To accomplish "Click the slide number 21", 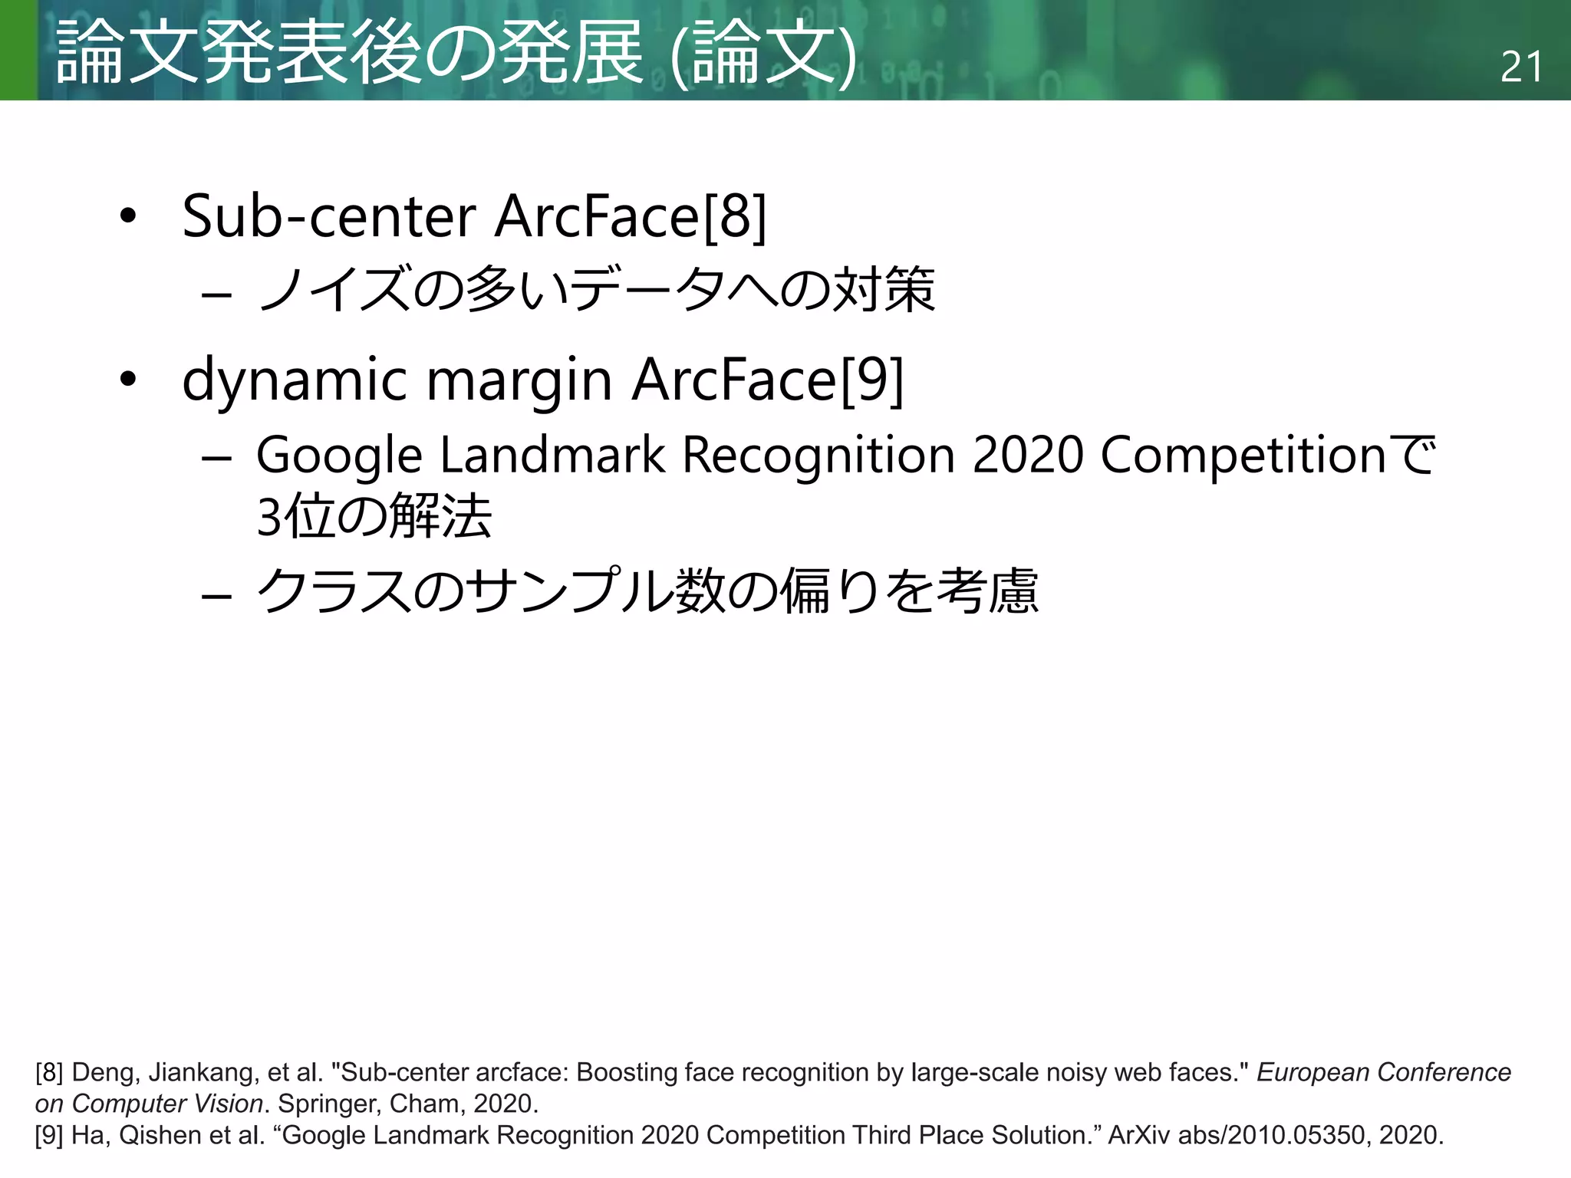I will (x=1521, y=67).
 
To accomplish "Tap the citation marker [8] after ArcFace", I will (x=734, y=216).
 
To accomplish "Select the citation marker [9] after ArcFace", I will (x=872, y=380).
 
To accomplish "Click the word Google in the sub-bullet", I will (x=338, y=456).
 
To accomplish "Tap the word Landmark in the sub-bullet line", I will (x=552, y=455).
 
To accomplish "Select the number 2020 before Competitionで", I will (x=1027, y=455).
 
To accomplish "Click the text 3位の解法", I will (x=374, y=516).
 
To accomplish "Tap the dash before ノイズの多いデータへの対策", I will (x=216, y=294).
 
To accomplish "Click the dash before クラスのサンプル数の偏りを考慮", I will (x=216, y=595).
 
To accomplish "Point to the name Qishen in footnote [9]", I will (x=160, y=1135).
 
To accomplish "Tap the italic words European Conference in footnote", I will (x=1383, y=1072).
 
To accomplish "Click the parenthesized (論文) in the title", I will (x=763, y=54).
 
